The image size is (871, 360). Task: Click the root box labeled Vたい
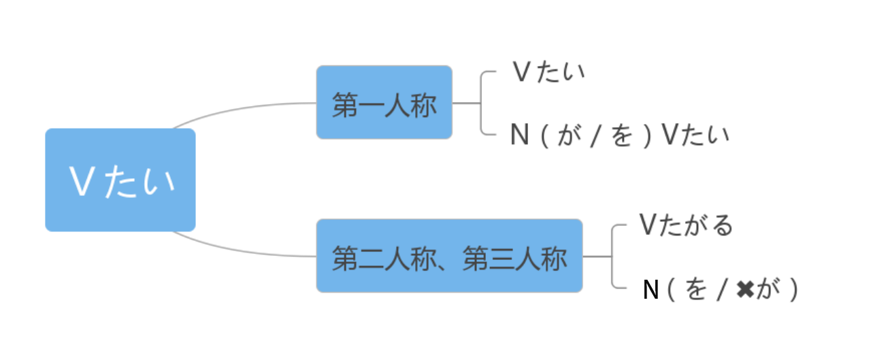[120, 180]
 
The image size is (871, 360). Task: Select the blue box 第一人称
[384, 102]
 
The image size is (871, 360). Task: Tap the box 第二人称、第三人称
[449, 256]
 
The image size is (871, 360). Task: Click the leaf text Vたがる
[687, 225]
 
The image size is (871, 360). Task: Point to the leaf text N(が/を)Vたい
[619, 135]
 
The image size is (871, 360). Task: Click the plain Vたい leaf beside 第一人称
[548, 72]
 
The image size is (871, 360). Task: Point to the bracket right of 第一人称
[481, 103]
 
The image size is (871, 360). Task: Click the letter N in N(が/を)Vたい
[520, 135]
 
